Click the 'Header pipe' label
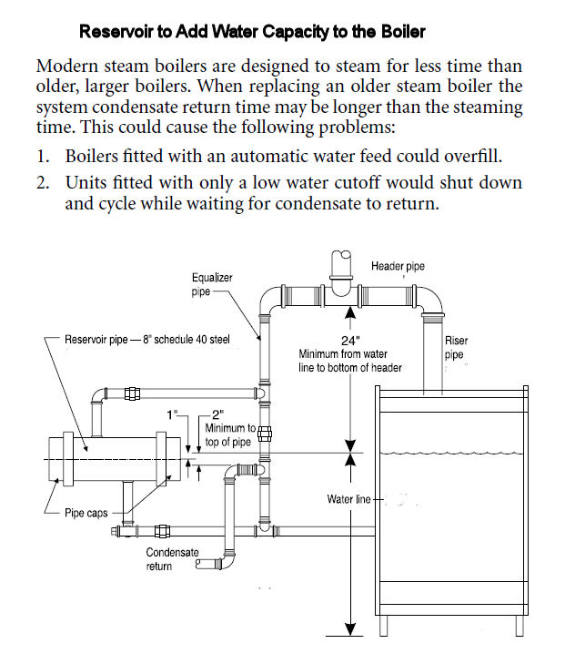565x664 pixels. coord(398,266)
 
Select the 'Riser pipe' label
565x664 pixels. coord(456,348)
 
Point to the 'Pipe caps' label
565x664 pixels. coord(87,513)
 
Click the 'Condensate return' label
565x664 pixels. coord(168,559)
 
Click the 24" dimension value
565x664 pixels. coord(349,340)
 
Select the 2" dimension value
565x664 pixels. coord(216,414)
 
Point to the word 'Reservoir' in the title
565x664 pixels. coord(116,32)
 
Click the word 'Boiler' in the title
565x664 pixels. coord(403,32)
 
